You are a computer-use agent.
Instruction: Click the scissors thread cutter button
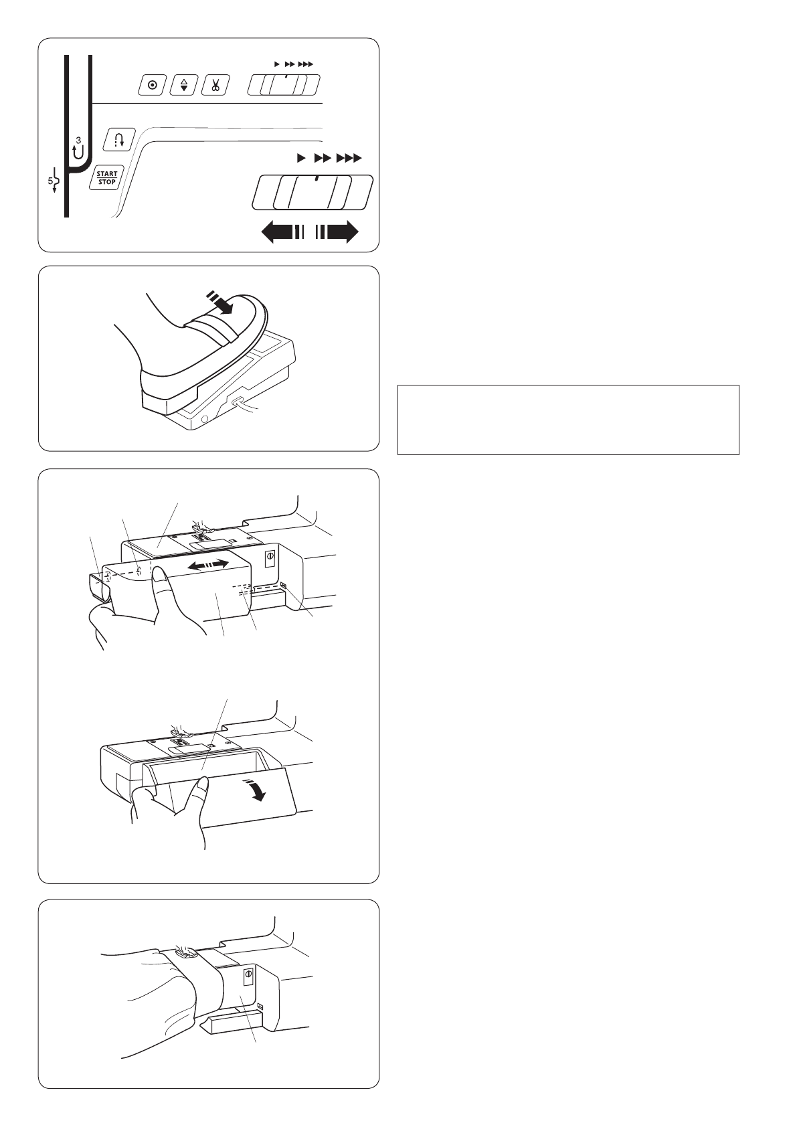[215, 85]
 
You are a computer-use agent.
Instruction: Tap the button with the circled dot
[153, 85]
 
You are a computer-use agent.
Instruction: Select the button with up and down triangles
[183, 85]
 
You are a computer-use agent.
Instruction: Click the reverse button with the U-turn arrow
[119, 139]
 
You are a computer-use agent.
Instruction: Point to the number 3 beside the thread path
[78, 140]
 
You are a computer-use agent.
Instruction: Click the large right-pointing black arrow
[337, 233]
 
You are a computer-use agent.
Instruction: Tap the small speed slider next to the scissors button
[284, 84]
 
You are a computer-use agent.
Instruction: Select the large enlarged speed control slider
[313, 191]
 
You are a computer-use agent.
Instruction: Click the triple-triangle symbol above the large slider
[349, 159]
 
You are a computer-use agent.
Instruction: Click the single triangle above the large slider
[301, 159]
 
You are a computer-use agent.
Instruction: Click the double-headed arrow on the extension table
[207, 566]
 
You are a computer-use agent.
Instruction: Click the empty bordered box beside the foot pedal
[568, 420]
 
